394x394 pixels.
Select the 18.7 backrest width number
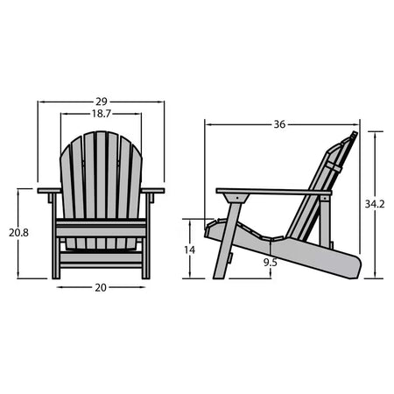click(101, 115)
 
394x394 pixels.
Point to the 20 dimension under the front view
click(101, 287)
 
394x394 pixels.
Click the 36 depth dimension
click(279, 124)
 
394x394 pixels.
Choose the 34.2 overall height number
click(375, 204)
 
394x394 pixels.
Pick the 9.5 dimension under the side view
click(271, 262)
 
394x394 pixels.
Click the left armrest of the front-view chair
click(49, 190)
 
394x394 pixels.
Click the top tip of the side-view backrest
click(354, 135)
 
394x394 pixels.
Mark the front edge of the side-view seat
click(208, 229)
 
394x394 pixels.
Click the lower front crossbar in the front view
click(101, 258)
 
